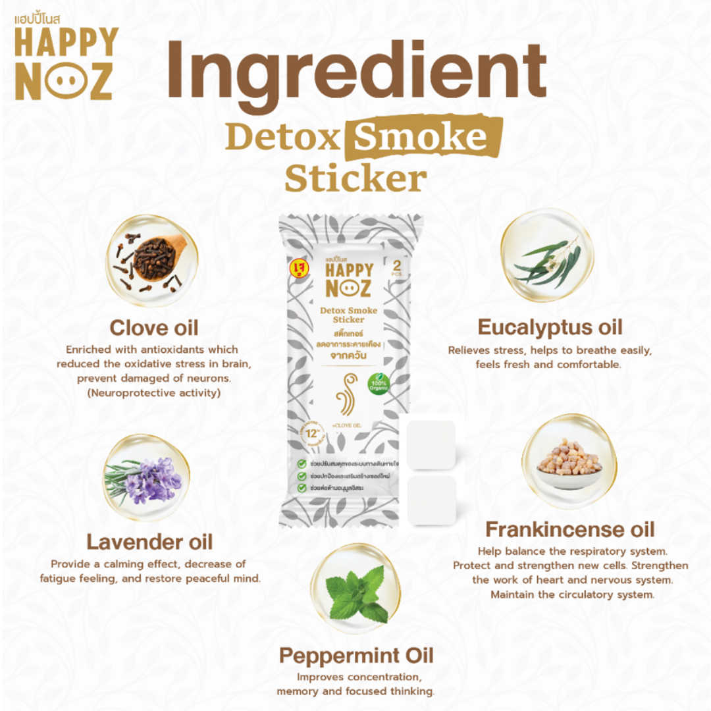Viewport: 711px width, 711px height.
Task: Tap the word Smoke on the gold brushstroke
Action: (421, 136)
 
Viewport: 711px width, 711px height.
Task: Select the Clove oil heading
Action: (153, 328)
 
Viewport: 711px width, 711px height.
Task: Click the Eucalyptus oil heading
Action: (550, 327)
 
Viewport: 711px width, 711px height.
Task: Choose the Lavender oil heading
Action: (149, 542)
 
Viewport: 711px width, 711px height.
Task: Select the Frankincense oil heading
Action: (570, 529)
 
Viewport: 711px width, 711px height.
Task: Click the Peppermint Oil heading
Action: (355, 656)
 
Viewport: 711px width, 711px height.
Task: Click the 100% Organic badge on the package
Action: (378, 383)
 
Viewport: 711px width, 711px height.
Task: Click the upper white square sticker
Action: (431, 444)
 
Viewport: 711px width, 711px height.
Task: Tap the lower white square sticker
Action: (432, 500)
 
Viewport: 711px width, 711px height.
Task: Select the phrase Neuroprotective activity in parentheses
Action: (148, 393)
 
